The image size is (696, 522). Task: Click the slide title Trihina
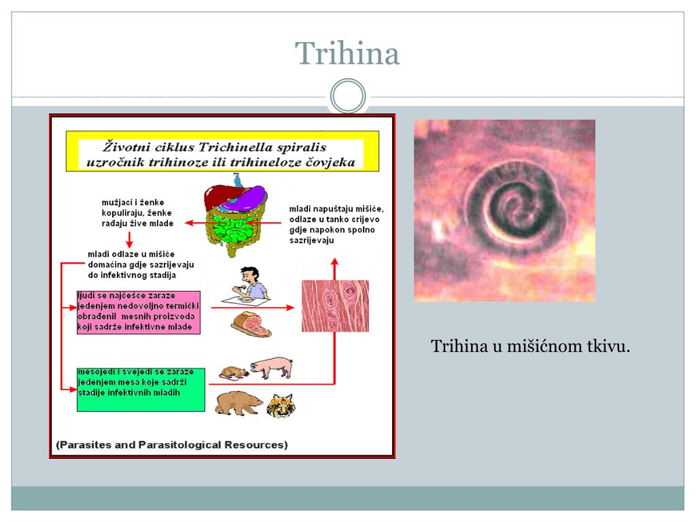click(347, 54)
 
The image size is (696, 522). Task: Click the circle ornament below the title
click(347, 97)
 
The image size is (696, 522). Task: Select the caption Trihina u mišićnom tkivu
click(531, 347)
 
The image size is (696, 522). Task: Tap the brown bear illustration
click(238, 404)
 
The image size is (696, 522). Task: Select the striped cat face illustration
click(280, 406)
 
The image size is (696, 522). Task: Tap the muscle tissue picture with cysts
click(335, 306)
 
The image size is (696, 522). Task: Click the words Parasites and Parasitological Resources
click(172, 445)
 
